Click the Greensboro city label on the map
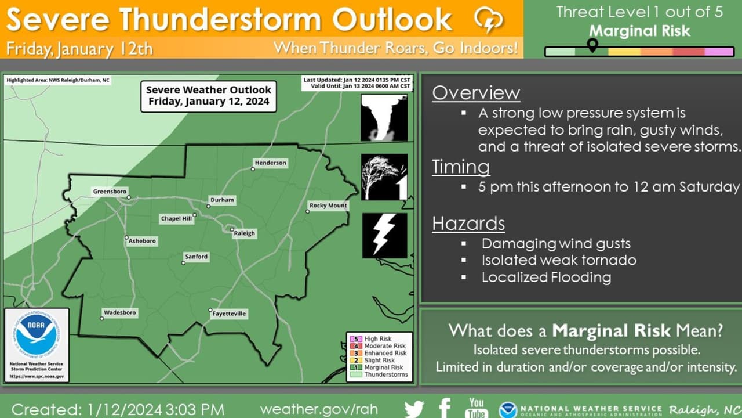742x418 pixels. click(x=110, y=192)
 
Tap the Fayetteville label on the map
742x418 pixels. click(x=229, y=313)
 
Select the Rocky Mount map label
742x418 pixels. click(x=328, y=206)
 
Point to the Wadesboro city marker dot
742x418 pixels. click(x=102, y=319)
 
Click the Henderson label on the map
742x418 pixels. click(x=270, y=163)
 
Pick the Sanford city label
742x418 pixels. click(x=197, y=257)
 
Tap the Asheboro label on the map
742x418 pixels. click(x=142, y=241)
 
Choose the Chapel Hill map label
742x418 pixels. click(x=176, y=219)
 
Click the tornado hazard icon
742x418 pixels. click(x=384, y=118)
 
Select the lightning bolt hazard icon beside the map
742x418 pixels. click(x=384, y=236)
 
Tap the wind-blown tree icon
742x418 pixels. click(x=384, y=177)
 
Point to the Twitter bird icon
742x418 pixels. click(x=414, y=409)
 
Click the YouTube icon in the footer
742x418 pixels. click(x=477, y=408)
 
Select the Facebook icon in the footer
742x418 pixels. click(x=445, y=408)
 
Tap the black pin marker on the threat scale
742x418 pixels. click(x=592, y=45)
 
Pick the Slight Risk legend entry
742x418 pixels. click(x=372, y=361)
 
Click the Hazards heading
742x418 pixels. click(x=468, y=224)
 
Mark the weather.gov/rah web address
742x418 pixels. click(x=319, y=409)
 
